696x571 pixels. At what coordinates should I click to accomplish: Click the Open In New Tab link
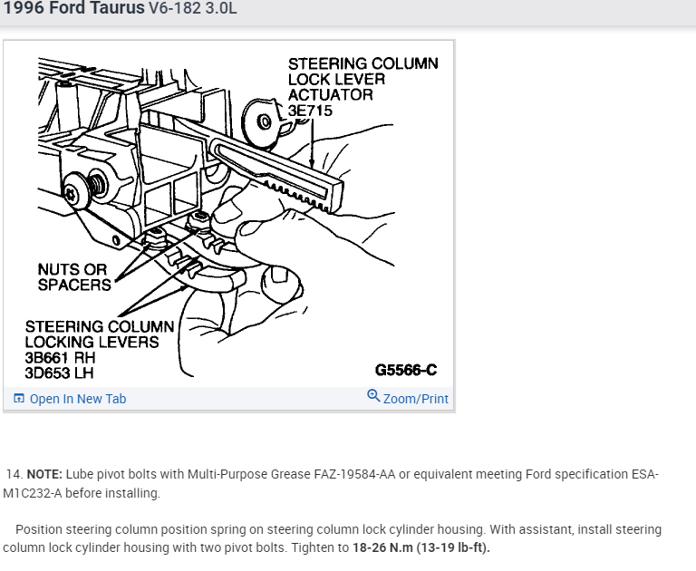pos(78,399)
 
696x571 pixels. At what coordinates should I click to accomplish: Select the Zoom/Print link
pos(415,399)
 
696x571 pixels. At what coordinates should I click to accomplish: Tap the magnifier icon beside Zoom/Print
pos(373,396)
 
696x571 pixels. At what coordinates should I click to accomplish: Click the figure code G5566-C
pos(405,370)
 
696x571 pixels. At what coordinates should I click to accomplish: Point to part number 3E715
pos(310,111)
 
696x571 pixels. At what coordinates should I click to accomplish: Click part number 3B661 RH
pos(60,357)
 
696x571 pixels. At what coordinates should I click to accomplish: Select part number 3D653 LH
pos(59,373)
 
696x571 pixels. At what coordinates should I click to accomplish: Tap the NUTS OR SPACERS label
pos(73,277)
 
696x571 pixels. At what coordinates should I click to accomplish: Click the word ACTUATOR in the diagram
pos(330,95)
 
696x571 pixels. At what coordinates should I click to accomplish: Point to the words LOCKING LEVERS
pos(92,342)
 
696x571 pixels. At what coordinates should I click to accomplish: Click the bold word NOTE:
pos(44,474)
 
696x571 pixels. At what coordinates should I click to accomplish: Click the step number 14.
pos(14,474)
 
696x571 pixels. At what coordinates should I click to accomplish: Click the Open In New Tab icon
pos(19,399)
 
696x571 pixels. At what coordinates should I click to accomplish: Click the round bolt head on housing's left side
pos(92,188)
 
